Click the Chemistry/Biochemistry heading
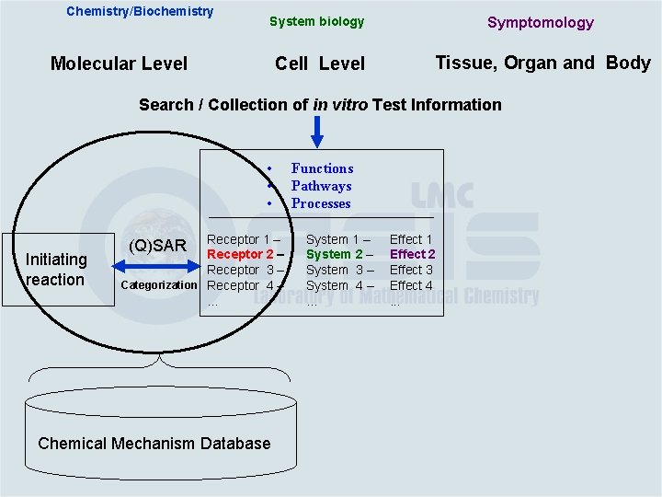pyautogui.click(x=140, y=12)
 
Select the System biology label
pyautogui.click(x=316, y=21)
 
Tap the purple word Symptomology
pyautogui.click(x=540, y=22)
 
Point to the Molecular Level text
pyautogui.click(x=119, y=64)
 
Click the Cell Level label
pyautogui.click(x=319, y=64)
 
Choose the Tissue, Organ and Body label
pyautogui.click(x=542, y=63)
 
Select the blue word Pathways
pyautogui.click(x=321, y=186)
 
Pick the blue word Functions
pyautogui.click(x=322, y=168)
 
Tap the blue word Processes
pyautogui.click(x=321, y=203)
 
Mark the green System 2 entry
pyautogui.click(x=339, y=254)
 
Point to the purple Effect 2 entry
pyautogui.click(x=412, y=254)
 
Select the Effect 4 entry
pyautogui.click(x=411, y=285)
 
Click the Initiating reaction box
pyautogui.click(x=57, y=269)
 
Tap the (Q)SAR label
pyautogui.click(x=157, y=246)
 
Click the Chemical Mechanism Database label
pyautogui.click(x=154, y=444)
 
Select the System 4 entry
pyautogui.click(x=339, y=285)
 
